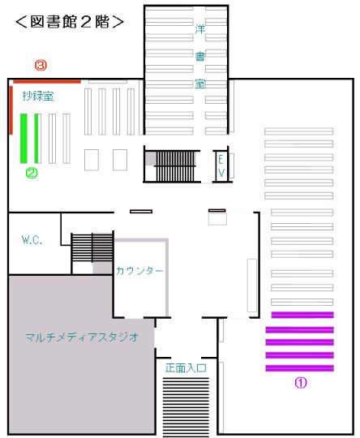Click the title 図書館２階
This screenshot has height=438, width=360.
click(x=70, y=22)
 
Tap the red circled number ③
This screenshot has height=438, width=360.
click(x=41, y=66)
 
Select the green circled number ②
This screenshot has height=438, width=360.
click(x=32, y=173)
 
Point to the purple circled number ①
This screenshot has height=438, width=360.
click(x=301, y=382)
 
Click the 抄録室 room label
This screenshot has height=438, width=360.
click(x=38, y=96)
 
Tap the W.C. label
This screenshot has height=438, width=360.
click(x=32, y=240)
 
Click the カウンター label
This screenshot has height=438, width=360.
click(x=139, y=270)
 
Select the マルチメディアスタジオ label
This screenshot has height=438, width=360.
click(x=82, y=337)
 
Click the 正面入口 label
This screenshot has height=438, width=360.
click(x=186, y=368)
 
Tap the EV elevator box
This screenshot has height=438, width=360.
click(x=221, y=166)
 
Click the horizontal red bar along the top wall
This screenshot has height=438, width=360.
click(x=47, y=82)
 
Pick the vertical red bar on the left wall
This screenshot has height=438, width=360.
click(x=11, y=110)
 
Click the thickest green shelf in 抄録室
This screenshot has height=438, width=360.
click(x=24, y=138)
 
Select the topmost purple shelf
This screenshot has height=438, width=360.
click(x=302, y=315)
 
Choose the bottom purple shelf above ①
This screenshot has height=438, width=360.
click(x=300, y=368)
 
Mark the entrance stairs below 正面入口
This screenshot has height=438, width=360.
click(x=186, y=406)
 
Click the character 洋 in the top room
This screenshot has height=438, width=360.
click(x=200, y=29)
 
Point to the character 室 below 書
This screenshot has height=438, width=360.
click(x=200, y=84)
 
